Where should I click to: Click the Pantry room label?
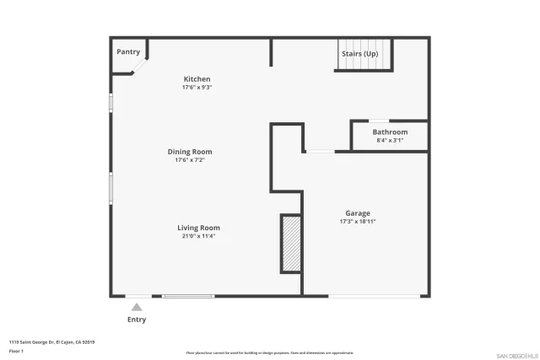[x=128, y=51]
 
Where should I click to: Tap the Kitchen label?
[x=197, y=79]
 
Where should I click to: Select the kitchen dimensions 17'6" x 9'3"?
[x=197, y=88]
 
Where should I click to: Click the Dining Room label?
[x=189, y=152]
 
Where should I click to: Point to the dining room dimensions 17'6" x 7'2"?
[x=189, y=160]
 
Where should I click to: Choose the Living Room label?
[x=198, y=228]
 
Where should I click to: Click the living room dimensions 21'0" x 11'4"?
[x=198, y=236]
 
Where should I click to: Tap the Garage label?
[x=357, y=213]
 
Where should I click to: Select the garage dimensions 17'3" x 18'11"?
[x=357, y=222]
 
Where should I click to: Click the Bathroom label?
[x=390, y=132]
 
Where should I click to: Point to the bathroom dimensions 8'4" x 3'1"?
[x=390, y=140]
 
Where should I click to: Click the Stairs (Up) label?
[x=359, y=53]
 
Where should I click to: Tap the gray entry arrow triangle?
[x=137, y=308]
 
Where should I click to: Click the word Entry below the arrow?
[x=137, y=320]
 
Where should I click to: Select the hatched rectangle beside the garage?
[x=291, y=244]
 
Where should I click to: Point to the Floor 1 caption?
[x=16, y=350]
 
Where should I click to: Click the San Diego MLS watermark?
[x=516, y=355]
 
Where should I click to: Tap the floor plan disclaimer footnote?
[x=269, y=353]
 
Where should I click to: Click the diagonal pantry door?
[x=141, y=66]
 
